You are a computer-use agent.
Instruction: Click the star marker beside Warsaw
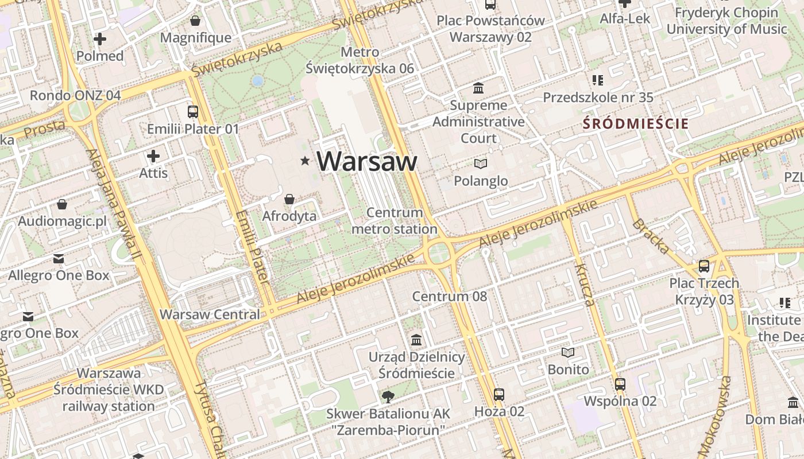pyautogui.click(x=305, y=162)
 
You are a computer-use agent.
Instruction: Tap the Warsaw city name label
pyautogui.click(x=366, y=161)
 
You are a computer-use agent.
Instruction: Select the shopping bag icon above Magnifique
pyautogui.click(x=195, y=21)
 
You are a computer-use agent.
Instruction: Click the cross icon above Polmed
pyautogui.click(x=100, y=39)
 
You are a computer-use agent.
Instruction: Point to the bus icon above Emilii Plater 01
pyautogui.click(x=193, y=112)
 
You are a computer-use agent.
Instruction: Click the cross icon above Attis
pyautogui.click(x=153, y=156)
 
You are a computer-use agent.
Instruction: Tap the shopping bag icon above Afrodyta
pyautogui.click(x=289, y=199)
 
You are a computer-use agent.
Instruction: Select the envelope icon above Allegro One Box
pyautogui.click(x=59, y=259)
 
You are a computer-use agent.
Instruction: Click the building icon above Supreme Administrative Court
pyautogui.click(x=478, y=88)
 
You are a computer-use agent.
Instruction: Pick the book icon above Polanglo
pyautogui.click(x=481, y=164)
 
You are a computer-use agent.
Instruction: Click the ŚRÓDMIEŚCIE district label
pyautogui.click(x=636, y=123)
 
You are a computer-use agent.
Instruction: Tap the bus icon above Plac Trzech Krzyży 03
pyautogui.click(x=704, y=266)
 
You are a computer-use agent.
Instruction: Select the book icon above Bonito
pyautogui.click(x=568, y=352)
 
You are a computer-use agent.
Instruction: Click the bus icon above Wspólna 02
pyautogui.click(x=620, y=384)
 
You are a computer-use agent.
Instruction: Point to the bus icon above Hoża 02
pyautogui.click(x=499, y=395)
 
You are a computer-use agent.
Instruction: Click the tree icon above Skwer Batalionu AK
pyautogui.click(x=388, y=396)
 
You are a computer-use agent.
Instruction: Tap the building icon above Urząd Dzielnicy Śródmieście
pyautogui.click(x=416, y=340)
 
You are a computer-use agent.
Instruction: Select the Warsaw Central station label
pyautogui.click(x=210, y=314)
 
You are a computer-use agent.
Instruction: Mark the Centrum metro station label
pyautogui.click(x=395, y=221)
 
